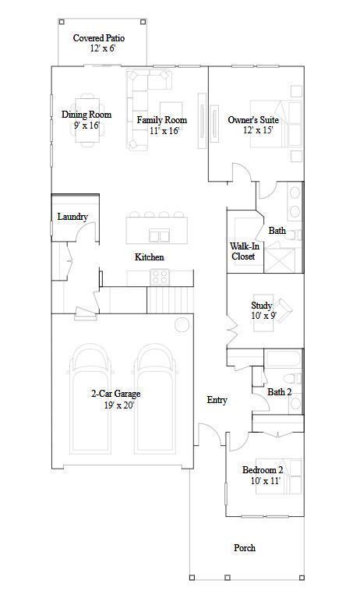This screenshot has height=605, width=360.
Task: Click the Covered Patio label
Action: point(99,37)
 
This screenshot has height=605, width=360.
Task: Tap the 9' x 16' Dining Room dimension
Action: point(86,125)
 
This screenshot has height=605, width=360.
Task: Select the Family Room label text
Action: point(162,120)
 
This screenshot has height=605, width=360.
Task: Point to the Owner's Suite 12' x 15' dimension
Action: point(258,130)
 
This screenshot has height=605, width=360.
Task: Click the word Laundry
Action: point(72,217)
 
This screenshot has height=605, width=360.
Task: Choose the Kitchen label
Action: point(149,257)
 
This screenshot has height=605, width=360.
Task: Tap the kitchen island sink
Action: point(159,235)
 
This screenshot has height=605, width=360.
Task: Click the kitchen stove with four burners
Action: point(161,277)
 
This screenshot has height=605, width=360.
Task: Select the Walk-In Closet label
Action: point(245,251)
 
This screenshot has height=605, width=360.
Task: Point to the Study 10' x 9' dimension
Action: point(263,316)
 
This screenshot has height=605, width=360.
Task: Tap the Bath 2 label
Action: point(280,392)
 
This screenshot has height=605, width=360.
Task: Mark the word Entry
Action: point(217,400)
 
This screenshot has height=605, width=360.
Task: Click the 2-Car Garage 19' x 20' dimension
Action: point(118,405)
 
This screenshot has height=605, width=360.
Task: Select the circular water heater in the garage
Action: point(182,325)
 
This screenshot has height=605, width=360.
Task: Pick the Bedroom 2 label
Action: point(263,470)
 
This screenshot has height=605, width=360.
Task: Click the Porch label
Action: point(245,548)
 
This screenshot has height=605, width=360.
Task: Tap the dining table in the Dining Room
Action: point(88,121)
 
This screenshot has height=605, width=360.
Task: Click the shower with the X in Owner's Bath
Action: point(280,261)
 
